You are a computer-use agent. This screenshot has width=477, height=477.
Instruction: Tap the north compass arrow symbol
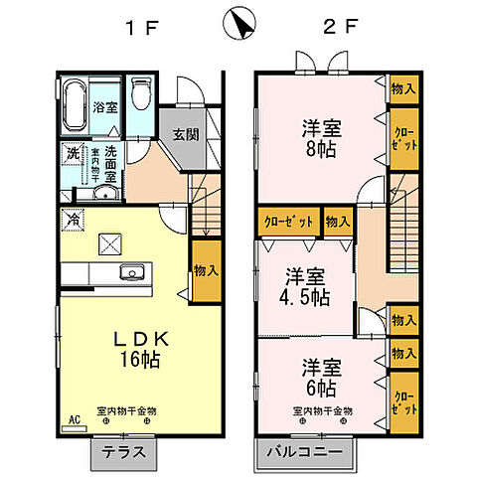238,24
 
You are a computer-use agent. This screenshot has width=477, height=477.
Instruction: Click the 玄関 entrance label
185,136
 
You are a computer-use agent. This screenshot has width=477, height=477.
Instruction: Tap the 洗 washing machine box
73,154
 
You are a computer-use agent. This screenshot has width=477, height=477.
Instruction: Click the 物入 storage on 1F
206,270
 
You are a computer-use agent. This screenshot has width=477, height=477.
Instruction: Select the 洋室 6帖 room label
320,375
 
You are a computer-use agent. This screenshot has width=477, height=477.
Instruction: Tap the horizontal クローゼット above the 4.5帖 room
289,222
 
